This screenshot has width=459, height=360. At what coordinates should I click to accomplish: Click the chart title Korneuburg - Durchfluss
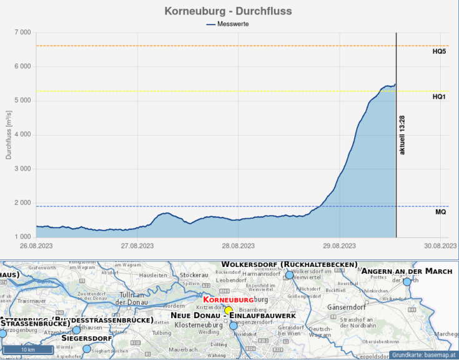pos(228,11)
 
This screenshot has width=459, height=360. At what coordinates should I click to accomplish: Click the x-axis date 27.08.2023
pos(137,246)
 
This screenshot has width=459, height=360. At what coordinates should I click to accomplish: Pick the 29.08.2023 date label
pos(338,246)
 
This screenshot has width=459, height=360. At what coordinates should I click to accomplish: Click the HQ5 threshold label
pos(439,51)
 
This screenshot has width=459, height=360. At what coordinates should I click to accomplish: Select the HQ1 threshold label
pos(439,97)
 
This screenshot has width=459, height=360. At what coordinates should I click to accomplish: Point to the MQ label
pos(440,212)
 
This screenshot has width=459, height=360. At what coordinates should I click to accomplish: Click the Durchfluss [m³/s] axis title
pos(9,134)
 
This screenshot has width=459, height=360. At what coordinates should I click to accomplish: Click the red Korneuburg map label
pos(228,301)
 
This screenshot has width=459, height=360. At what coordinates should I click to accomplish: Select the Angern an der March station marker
pos(407,282)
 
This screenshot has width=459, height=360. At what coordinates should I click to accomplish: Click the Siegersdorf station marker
pos(87,349)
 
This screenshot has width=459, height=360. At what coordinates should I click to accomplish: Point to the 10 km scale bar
pos(27,349)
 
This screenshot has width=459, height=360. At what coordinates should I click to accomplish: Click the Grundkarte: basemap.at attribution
pos(425,355)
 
